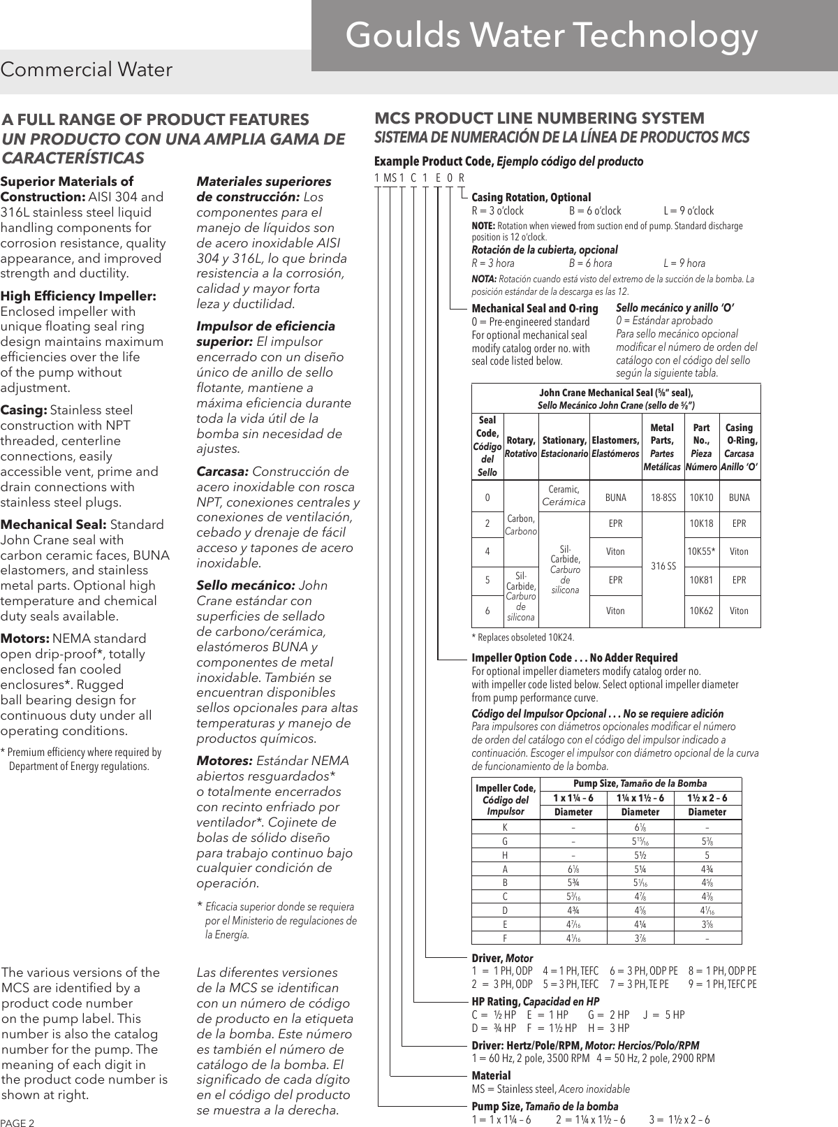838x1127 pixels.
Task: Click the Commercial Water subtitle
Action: coord(87,70)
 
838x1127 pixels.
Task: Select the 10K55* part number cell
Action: coord(700,551)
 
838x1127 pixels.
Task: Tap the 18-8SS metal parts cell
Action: coord(663,498)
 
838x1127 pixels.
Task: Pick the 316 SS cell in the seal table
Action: coord(663,565)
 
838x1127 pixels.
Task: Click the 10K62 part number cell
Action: coord(700,610)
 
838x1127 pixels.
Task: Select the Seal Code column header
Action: coord(487,446)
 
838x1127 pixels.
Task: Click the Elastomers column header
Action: coord(615,446)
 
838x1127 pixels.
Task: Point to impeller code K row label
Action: coord(505,827)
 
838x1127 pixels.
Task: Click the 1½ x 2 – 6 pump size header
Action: coord(707,798)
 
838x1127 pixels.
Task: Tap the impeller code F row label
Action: coord(505,938)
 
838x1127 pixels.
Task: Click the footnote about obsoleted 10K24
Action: coord(523,637)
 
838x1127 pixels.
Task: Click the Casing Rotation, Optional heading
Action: coord(531,197)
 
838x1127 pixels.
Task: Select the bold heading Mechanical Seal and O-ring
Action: coord(535,308)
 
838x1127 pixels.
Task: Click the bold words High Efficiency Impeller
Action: coord(78,296)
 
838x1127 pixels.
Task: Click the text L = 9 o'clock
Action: coord(688,210)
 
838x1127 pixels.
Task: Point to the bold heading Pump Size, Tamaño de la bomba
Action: coord(545,1106)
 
